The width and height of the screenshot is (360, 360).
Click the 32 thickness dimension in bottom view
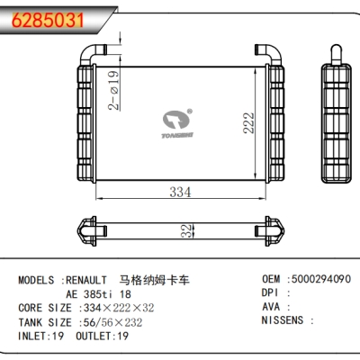click(185, 231)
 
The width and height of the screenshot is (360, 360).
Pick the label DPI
click(271, 292)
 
